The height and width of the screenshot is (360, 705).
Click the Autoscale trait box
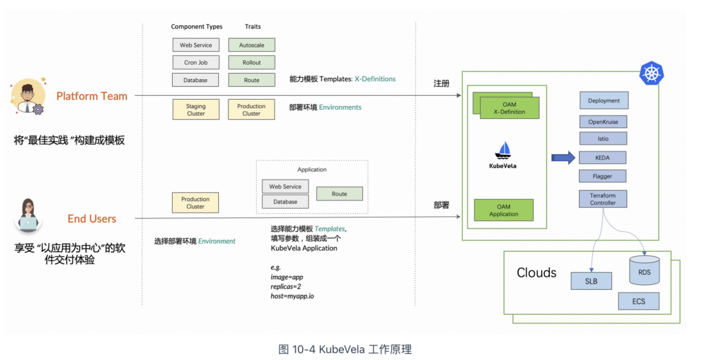[251, 45]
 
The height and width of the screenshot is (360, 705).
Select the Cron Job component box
[196, 63]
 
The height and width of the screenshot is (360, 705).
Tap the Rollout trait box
[251, 63]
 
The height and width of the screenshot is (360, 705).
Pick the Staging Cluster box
[196, 110]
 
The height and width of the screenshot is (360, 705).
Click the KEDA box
[604, 158]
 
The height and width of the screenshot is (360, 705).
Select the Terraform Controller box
[604, 199]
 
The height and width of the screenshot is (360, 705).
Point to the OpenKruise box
[604, 121]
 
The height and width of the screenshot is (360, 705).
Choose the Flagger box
[604, 176]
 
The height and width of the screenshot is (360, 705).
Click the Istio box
[604, 139]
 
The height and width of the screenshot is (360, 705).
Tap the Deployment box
[604, 100]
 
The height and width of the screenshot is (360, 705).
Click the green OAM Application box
[503, 210]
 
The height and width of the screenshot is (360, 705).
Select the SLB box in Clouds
[591, 281]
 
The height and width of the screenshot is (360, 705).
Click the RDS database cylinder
[644, 271]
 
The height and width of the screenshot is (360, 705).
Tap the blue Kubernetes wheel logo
[651, 73]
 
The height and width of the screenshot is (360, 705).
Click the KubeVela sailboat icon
[503, 151]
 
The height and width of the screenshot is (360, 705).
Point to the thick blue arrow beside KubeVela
[562, 158]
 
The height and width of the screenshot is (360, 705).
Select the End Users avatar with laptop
[28, 215]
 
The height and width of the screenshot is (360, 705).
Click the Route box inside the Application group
[339, 194]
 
